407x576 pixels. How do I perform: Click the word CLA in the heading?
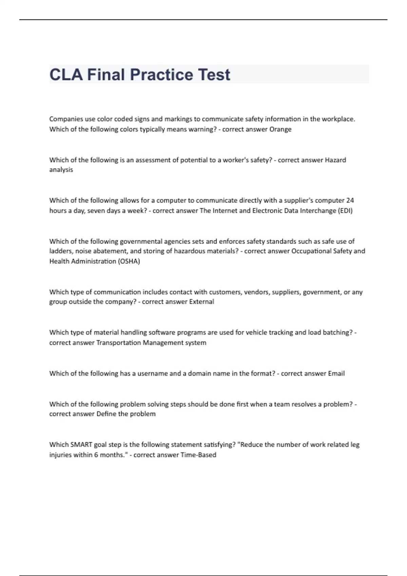pos(66,75)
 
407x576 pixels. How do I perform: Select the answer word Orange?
pos(280,129)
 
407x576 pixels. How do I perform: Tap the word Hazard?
pos(335,160)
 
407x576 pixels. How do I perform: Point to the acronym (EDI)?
pos(345,210)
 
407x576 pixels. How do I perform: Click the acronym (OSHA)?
pos(129,261)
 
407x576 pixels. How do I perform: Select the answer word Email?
pos(336,373)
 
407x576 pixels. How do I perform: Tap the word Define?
pos(106,414)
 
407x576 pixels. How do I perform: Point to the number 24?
pos(350,200)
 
